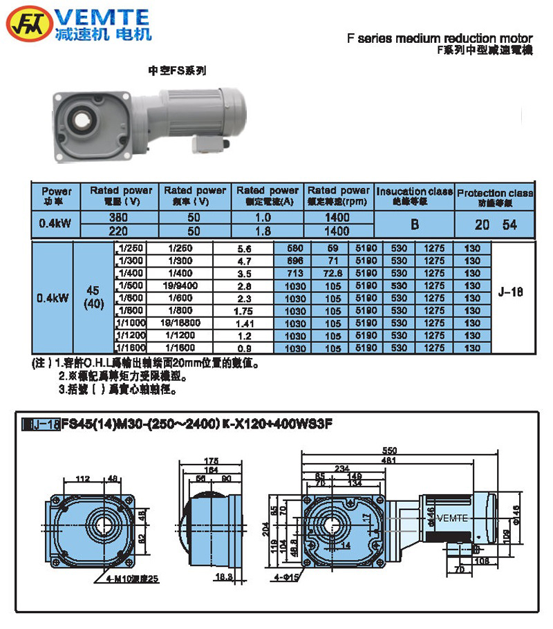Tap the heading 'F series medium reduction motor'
[440, 39]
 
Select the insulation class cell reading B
[414, 224]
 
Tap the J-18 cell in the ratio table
[511, 292]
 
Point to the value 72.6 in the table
[337, 273]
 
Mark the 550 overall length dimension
[400, 449]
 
